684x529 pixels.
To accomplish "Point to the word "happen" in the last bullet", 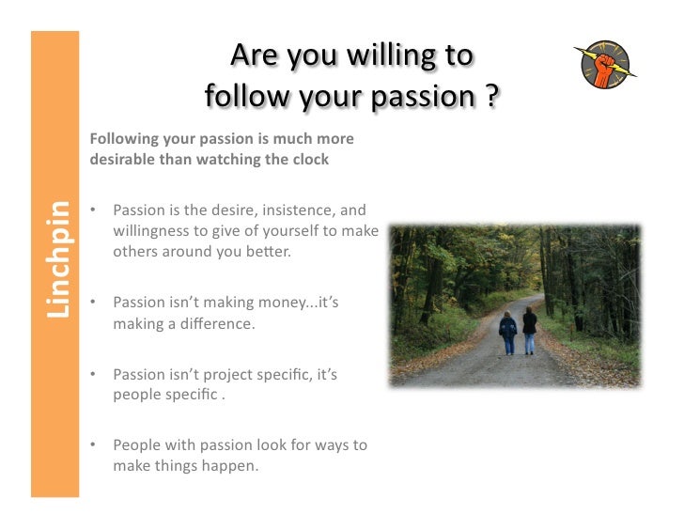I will (x=225, y=466).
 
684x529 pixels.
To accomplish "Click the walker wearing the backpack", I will (x=508, y=331).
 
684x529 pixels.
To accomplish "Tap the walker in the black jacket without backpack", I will (x=530, y=328).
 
